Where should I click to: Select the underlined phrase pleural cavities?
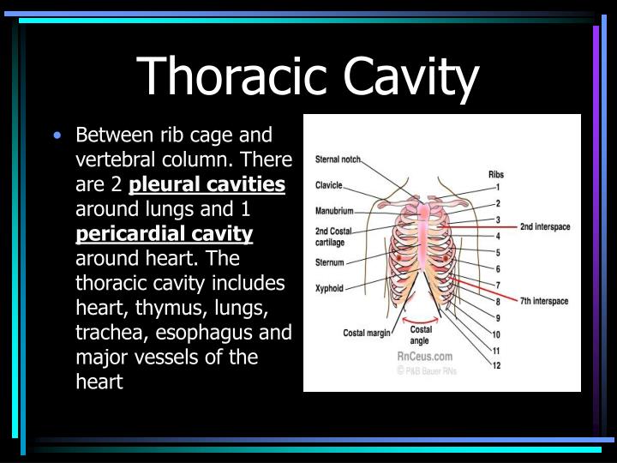pos(207,184)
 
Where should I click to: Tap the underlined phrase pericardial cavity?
pos(165,233)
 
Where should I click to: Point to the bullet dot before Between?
pos(57,135)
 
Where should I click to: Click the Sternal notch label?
pos(338,159)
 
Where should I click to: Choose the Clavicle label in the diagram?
pos(329,184)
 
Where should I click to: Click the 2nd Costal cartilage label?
pos(333,237)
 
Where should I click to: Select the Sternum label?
pos(329,262)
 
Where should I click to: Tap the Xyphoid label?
pos(329,289)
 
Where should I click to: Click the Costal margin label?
pos(367,333)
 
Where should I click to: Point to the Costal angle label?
pos(422,334)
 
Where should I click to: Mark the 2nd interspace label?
pos(545,226)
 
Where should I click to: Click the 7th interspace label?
pos(544,301)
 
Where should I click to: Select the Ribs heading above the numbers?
pos(496,174)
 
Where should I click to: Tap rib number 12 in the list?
pos(497,366)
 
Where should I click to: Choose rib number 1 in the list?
pos(497,187)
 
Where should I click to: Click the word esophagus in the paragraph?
pos(227,332)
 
